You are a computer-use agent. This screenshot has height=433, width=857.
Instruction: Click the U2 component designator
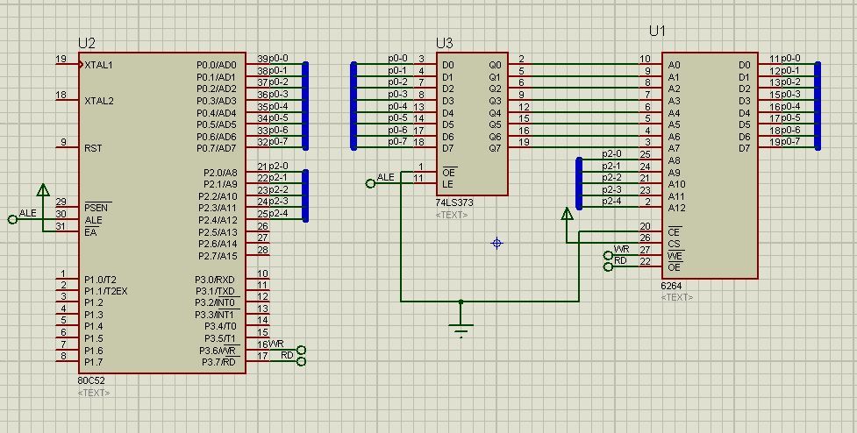[x=87, y=43]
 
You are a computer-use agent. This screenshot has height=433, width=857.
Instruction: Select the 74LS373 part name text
[x=454, y=202]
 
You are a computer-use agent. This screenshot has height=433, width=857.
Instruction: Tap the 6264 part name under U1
[x=671, y=286]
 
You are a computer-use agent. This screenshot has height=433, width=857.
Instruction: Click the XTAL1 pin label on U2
[x=99, y=65]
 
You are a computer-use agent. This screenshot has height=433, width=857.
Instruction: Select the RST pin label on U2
[x=93, y=148]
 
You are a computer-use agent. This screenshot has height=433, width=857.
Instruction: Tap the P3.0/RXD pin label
[x=215, y=280]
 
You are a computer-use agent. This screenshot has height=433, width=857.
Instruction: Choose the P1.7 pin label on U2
[x=94, y=362]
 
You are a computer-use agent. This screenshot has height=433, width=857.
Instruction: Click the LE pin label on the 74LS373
[x=446, y=184]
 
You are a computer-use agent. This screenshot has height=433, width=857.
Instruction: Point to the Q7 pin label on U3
[x=495, y=148]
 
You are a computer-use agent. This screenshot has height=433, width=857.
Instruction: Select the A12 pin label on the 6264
[x=676, y=208]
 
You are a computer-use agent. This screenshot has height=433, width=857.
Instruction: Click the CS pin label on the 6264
[x=675, y=244]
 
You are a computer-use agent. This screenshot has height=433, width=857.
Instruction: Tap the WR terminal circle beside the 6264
[x=608, y=256]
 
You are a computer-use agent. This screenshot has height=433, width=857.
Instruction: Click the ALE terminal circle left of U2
[x=12, y=219]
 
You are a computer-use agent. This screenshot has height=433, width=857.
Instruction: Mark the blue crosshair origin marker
[x=496, y=243]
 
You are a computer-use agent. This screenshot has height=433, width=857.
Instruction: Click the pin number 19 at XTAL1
[x=61, y=59]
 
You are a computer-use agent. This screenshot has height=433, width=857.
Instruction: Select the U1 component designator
[x=658, y=32]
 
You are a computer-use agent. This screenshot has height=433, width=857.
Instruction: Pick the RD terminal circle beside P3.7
[x=301, y=361]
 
